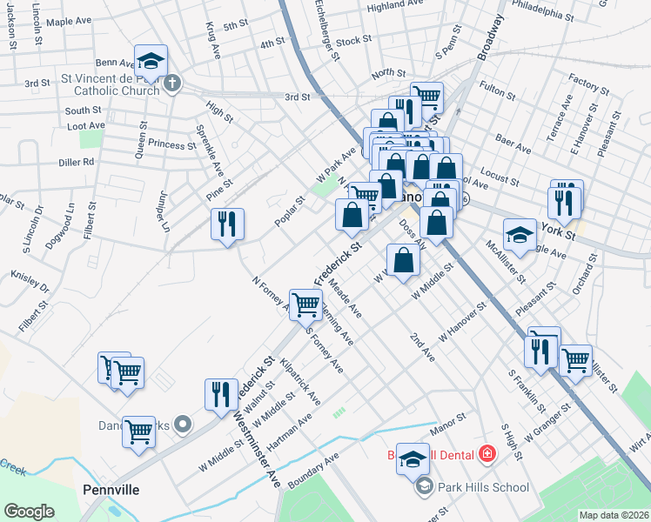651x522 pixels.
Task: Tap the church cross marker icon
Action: click(172, 84)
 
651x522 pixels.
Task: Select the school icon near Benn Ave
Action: click(151, 62)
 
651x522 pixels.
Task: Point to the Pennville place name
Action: click(111, 490)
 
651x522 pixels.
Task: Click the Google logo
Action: click(29, 512)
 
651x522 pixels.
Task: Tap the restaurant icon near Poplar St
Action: click(227, 224)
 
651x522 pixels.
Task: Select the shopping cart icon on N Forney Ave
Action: click(305, 304)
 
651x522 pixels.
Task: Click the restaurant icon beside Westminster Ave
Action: click(221, 393)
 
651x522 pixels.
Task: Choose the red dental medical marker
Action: click(486, 454)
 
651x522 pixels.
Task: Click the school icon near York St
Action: click(520, 235)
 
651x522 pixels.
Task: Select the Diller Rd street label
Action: click(77, 162)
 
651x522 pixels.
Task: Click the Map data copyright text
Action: click(614, 515)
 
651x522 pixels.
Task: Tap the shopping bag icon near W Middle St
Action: click(403, 260)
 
